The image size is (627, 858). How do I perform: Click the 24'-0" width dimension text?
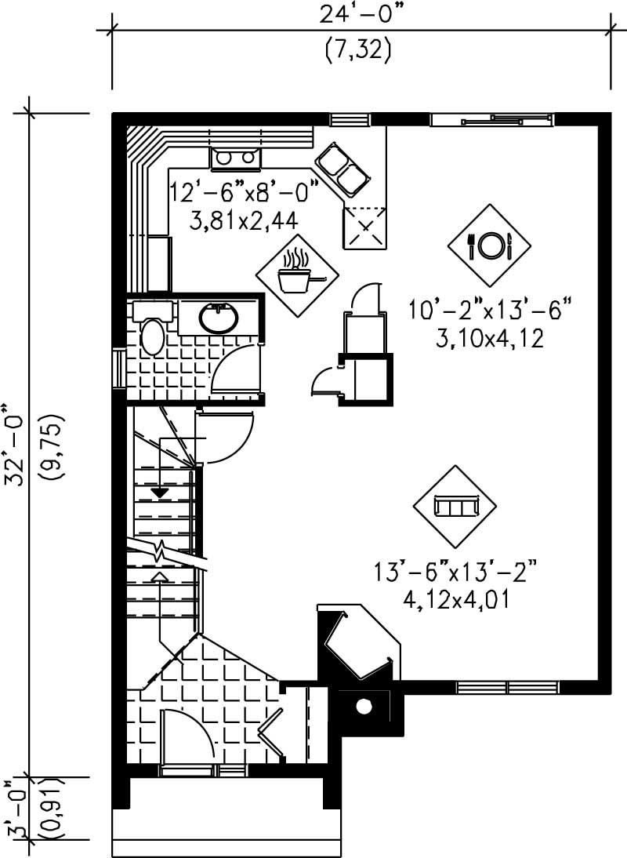357,13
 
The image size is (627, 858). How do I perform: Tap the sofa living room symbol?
456,507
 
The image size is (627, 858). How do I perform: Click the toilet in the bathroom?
151,333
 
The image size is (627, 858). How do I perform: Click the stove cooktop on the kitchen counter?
235,158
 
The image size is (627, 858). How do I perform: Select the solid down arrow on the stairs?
160,492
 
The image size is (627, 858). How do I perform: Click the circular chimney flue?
363,706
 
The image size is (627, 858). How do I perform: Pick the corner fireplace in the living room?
357,643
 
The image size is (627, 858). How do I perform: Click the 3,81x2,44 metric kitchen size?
244,220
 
